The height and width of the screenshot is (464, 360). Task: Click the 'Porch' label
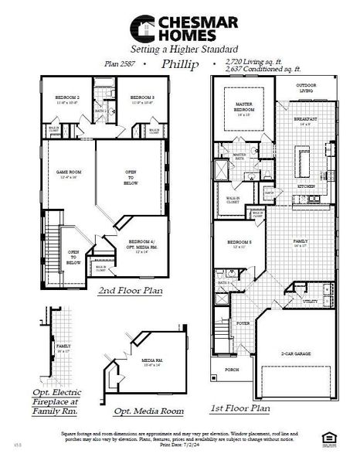pyautogui.click(x=229, y=370)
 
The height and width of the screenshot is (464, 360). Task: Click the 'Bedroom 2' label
pyautogui.click(x=66, y=100)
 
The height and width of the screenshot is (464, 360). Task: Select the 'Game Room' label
pyautogui.click(x=67, y=175)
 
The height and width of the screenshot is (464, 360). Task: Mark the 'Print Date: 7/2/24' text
pyautogui.click(x=180, y=445)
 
